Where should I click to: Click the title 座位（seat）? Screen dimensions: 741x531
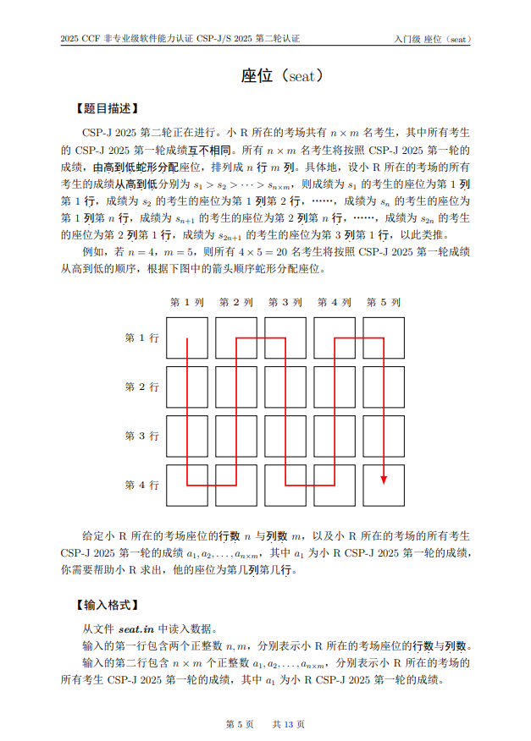[282, 76]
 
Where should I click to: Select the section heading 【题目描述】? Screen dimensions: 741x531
[106, 108]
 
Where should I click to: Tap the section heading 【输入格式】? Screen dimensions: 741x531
[106, 606]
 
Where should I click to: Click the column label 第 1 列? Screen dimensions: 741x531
[187, 302]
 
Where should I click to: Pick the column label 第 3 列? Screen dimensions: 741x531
[285, 302]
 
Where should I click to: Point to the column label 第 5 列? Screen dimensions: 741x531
[384, 302]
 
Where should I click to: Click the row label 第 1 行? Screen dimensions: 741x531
[142, 338]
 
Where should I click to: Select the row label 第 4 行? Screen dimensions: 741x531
[142, 485]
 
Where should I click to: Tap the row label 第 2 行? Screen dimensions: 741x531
[142, 387]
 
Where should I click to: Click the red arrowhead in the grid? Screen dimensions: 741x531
[384, 479]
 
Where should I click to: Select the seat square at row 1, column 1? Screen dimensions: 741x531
[187, 338]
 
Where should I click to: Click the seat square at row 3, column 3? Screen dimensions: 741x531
[285, 436]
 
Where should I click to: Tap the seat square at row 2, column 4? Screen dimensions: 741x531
[335, 387]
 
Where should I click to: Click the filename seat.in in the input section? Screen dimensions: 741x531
[136, 628]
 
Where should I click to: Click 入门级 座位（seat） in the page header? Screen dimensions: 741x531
[432, 39]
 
